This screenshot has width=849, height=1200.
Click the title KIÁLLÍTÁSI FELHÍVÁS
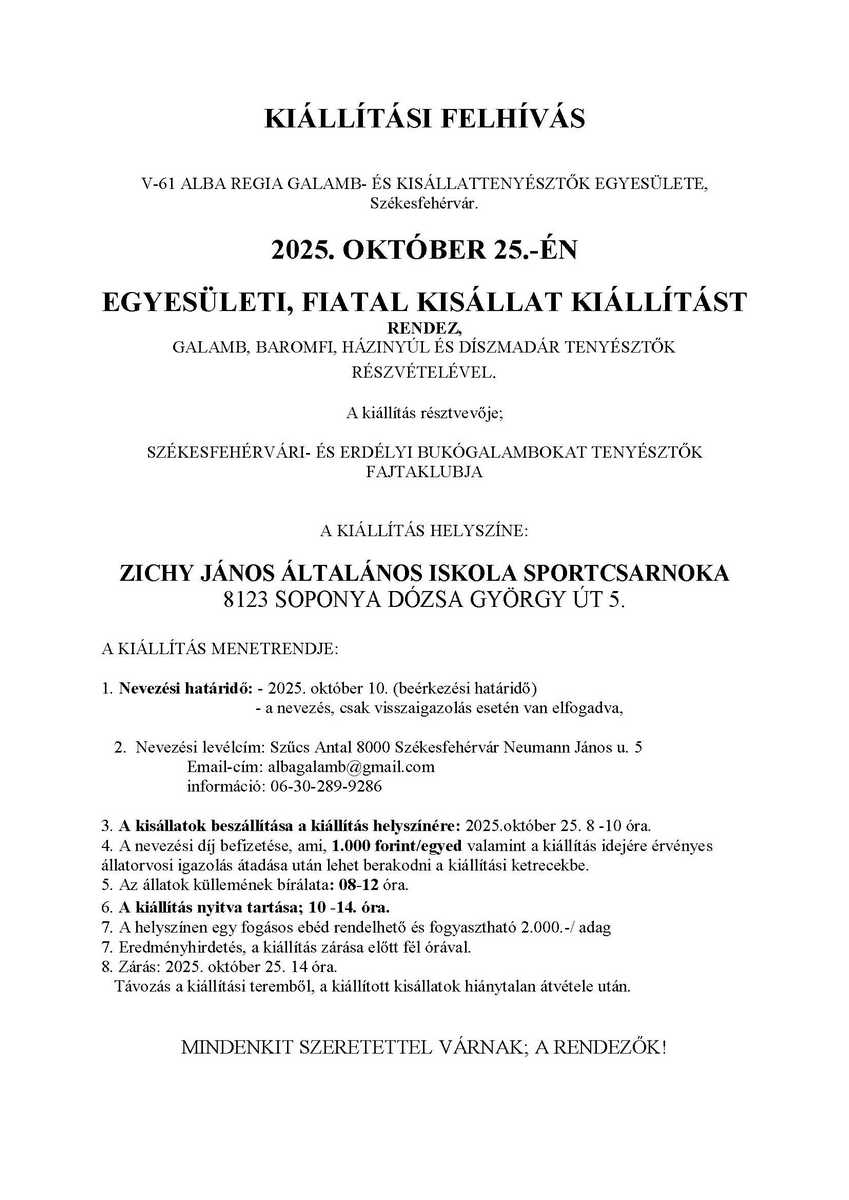pos(424,119)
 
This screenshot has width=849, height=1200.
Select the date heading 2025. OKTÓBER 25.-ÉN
pos(424,251)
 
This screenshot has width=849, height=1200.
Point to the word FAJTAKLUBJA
pos(424,473)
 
